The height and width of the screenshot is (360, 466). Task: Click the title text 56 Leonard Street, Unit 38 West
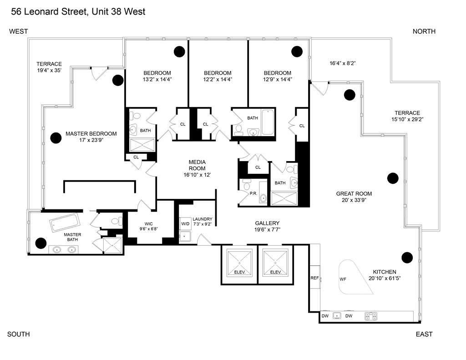78,11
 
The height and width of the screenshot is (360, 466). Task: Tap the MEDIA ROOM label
197,165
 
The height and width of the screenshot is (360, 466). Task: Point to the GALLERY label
267,223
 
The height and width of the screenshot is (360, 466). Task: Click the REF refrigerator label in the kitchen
314,278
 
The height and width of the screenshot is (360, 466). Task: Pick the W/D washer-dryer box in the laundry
185,223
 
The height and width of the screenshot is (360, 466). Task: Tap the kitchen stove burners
371,315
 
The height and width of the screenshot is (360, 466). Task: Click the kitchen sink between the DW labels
337,315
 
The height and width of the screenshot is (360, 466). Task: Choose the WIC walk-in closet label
149,223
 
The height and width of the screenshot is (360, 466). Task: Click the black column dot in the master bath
41,243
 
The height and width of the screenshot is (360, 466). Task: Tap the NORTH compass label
424,31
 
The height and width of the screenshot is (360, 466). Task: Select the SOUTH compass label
19,334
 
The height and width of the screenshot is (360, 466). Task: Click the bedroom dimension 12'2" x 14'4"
218,79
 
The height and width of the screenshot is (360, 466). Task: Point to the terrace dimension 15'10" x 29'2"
407,119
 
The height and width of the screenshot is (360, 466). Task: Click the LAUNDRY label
202,219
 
